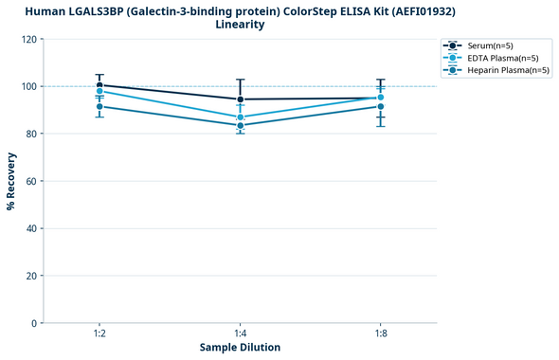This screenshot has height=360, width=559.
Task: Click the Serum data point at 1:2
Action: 99,85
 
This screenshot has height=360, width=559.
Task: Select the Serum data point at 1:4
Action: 241,99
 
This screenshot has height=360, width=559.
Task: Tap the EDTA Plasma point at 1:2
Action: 99,91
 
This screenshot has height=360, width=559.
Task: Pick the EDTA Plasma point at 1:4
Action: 241,117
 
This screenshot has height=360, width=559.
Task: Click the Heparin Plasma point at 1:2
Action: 99,106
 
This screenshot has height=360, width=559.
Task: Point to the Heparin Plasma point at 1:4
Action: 241,125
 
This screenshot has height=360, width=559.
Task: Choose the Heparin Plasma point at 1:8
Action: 381,106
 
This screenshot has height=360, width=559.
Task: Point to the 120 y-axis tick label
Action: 29,39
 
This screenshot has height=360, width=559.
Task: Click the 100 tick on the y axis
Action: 29,86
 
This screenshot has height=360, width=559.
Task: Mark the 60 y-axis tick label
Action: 32,181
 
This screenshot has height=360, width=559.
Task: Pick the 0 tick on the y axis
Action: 35,323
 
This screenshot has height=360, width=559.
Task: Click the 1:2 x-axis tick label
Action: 99,334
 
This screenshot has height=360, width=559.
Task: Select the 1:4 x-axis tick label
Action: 241,334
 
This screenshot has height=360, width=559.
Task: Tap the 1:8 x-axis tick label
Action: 381,334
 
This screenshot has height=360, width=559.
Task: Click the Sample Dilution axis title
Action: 240,348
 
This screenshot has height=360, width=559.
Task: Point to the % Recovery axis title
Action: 11,181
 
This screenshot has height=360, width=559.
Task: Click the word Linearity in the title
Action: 240,25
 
